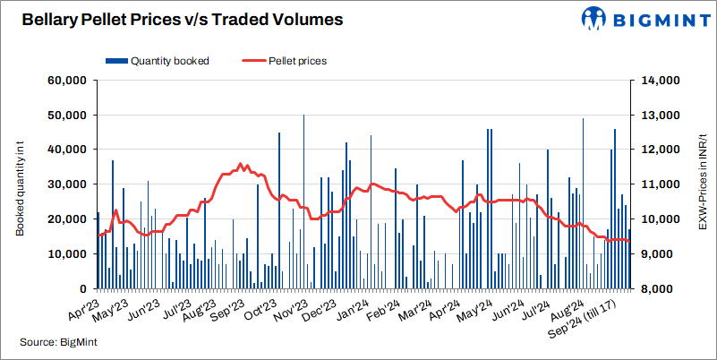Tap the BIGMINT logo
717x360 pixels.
click(x=639, y=19)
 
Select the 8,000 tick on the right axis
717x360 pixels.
click(x=661, y=289)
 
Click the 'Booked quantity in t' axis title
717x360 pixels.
click(x=21, y=184)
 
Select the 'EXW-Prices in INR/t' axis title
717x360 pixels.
click(x=701, y=184)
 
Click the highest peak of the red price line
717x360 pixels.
click(x=240, y=164)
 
